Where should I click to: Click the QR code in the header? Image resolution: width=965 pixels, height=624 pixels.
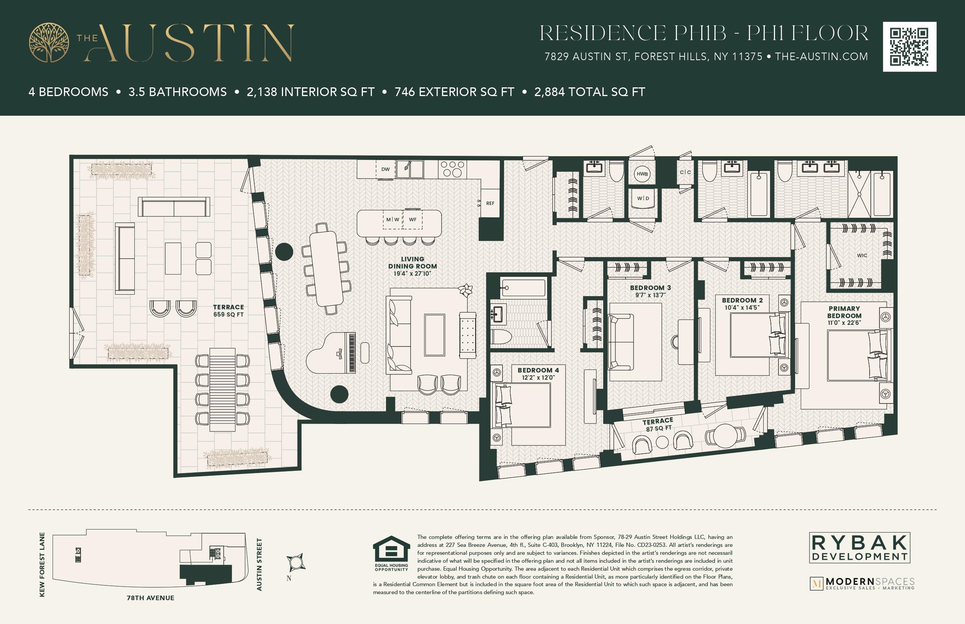(x=909, y=47)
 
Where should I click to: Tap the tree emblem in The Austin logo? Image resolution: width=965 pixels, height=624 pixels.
(x=49, y=42)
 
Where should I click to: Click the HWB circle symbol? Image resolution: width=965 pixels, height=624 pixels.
(x=642, y=174)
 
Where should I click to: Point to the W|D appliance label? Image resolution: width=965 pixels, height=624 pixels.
(x=643, y=198)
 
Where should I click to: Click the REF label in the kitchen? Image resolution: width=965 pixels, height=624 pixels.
(x=490, y=203)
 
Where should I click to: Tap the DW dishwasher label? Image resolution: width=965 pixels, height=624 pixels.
(x=385, y=169)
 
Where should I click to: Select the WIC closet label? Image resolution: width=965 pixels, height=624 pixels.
(x=862, y=255)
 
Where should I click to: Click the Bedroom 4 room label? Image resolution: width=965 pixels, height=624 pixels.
(x=538, y=370)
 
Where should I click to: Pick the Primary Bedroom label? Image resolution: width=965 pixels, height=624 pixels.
(x=844, y=312)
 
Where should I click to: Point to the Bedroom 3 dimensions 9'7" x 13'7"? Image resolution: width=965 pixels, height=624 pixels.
(x=651, y=295)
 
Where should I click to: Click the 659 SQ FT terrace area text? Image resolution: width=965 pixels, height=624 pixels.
(x=228, y=314)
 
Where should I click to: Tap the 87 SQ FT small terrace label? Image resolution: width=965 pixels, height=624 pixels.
(x=658, y=428)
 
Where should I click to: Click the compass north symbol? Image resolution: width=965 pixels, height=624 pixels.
(x=296, y=562)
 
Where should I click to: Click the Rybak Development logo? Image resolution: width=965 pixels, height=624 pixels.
(x=859, y=548)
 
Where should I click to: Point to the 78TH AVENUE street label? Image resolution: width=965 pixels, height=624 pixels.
(x=151, y=598)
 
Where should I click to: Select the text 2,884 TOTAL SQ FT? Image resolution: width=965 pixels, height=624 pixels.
(x=589, y=92)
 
